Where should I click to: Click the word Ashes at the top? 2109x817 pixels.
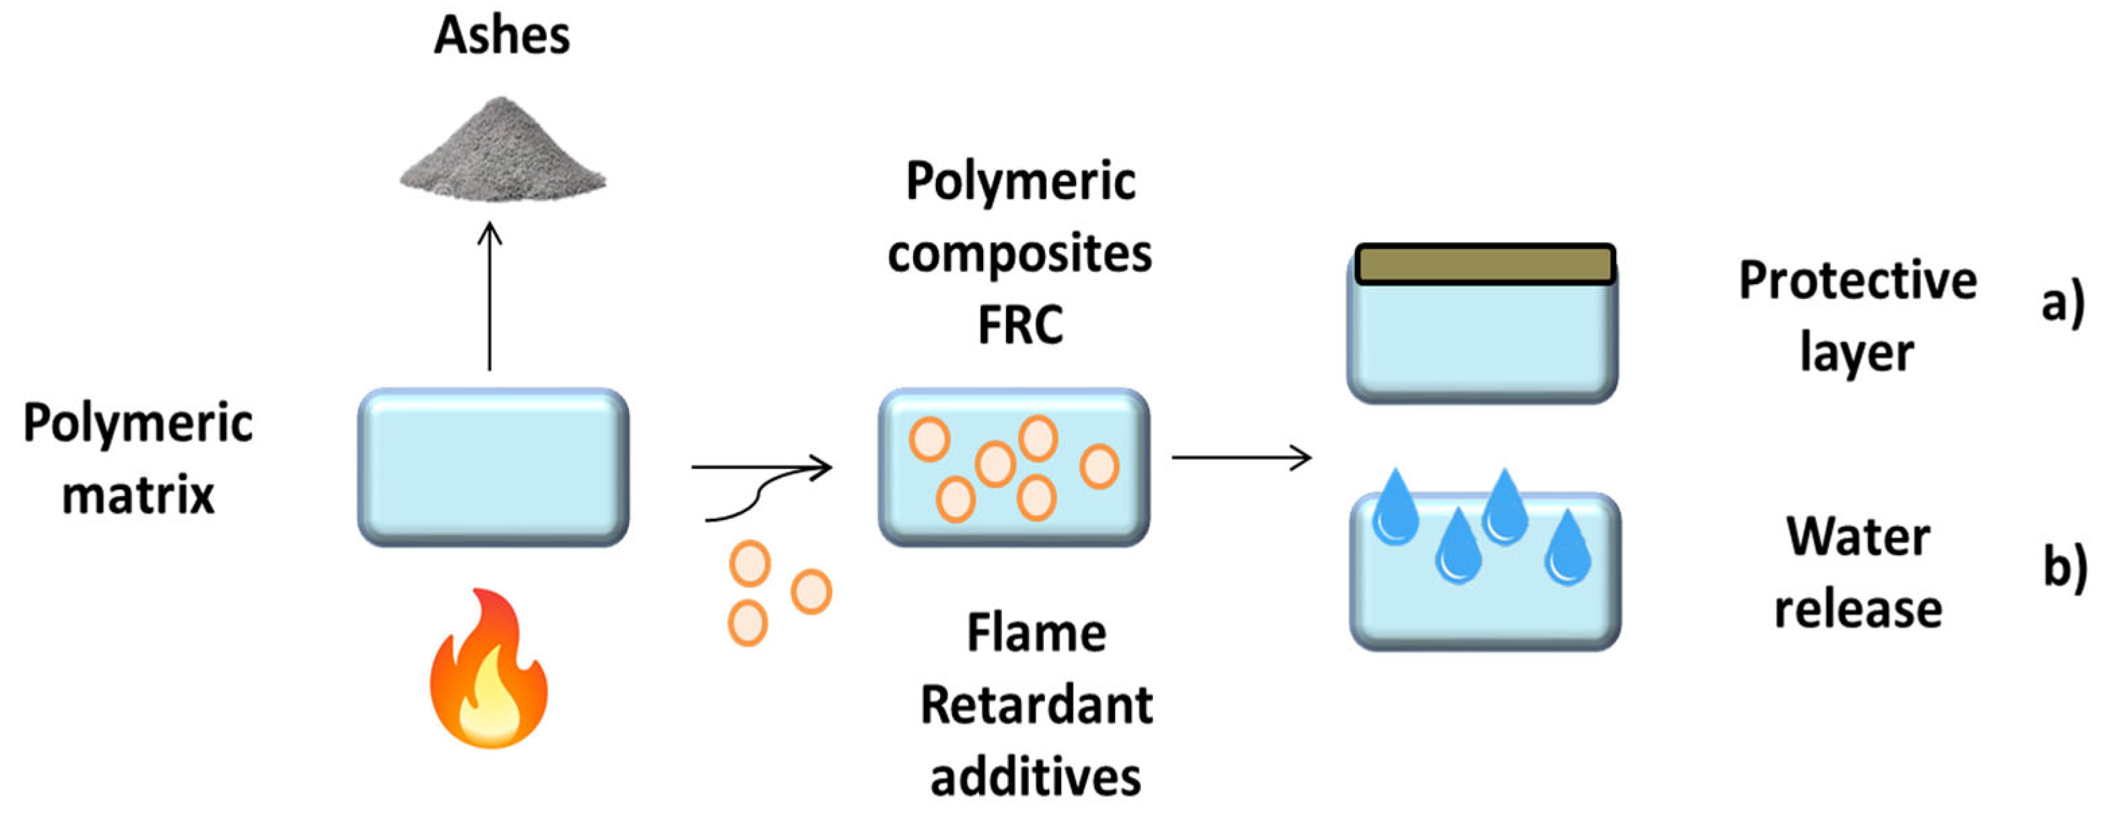coord(501,36)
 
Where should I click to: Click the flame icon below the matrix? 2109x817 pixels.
coord(490,671)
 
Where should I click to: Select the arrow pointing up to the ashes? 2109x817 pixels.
coord(490,295)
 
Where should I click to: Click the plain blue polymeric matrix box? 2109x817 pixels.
coord(493,466)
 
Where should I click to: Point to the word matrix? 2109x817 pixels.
coord(137,495)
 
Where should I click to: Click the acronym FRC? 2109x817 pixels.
coord(1020,324)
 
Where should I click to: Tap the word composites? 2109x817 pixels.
coord(1020,254)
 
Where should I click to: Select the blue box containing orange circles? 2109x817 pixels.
coord(1013,466)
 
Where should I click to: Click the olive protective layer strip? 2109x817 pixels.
coord(1484,264)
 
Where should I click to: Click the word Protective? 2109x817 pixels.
coord(1857,281)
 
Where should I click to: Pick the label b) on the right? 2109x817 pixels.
coord(2065,565)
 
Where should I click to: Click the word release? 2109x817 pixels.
coord(1858,610)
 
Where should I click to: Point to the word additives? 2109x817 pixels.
coord(1036,776)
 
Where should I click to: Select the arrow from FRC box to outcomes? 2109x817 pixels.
coord(1240,457)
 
